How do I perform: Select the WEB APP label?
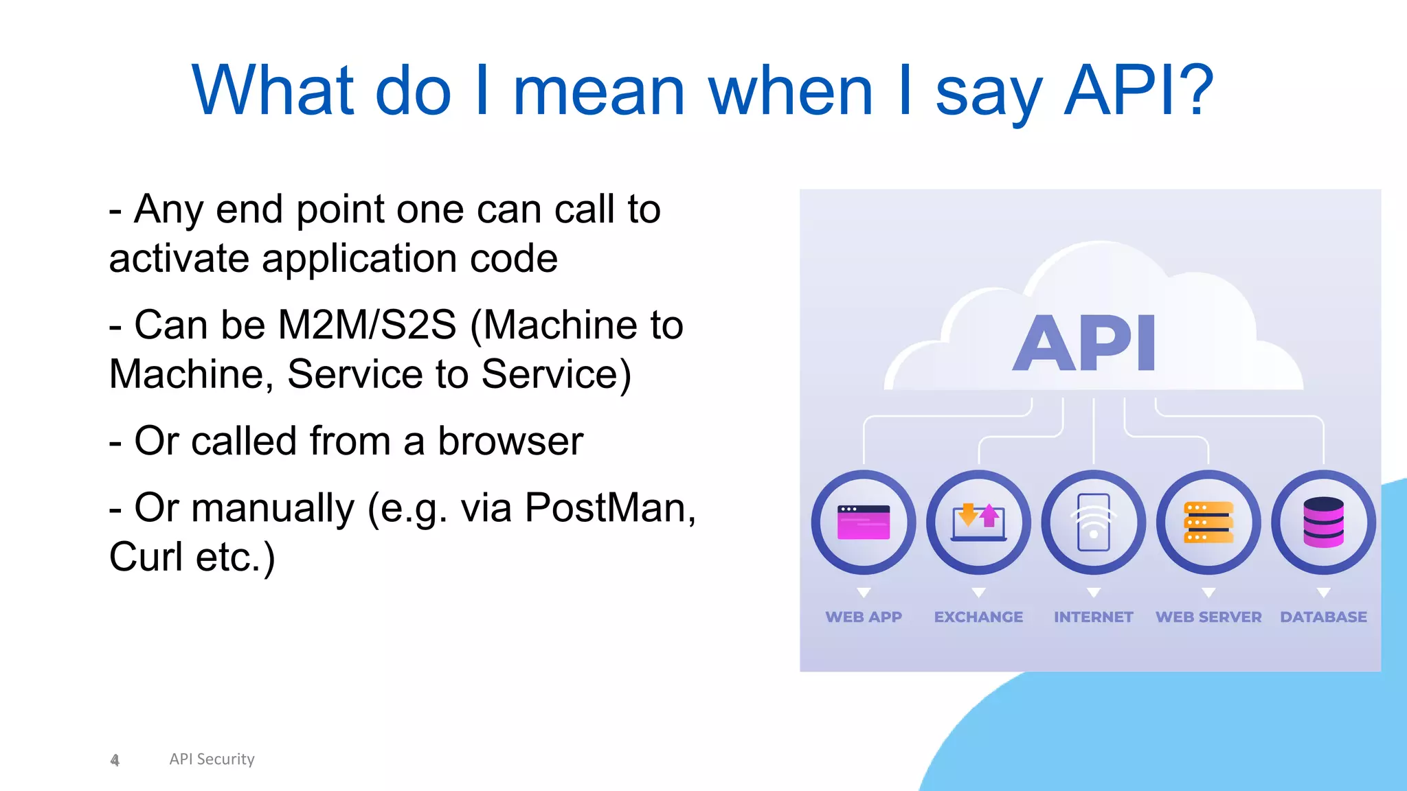[864, 617]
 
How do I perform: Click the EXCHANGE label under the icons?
[978, 617]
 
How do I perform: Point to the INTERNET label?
[1094, 617]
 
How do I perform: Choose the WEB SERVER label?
[1208, 617]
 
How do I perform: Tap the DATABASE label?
[1323, 617]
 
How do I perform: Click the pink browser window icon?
[864, 523]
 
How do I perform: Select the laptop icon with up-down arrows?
[978, 523]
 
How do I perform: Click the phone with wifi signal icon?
[1094, 523]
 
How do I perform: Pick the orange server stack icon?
[1208, 523]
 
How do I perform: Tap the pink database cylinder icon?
[1323, 523]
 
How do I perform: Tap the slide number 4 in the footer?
[115, 759]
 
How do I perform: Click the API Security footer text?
[212, 759]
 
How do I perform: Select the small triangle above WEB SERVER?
[1208, 592]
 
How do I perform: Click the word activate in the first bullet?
[179, 259]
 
